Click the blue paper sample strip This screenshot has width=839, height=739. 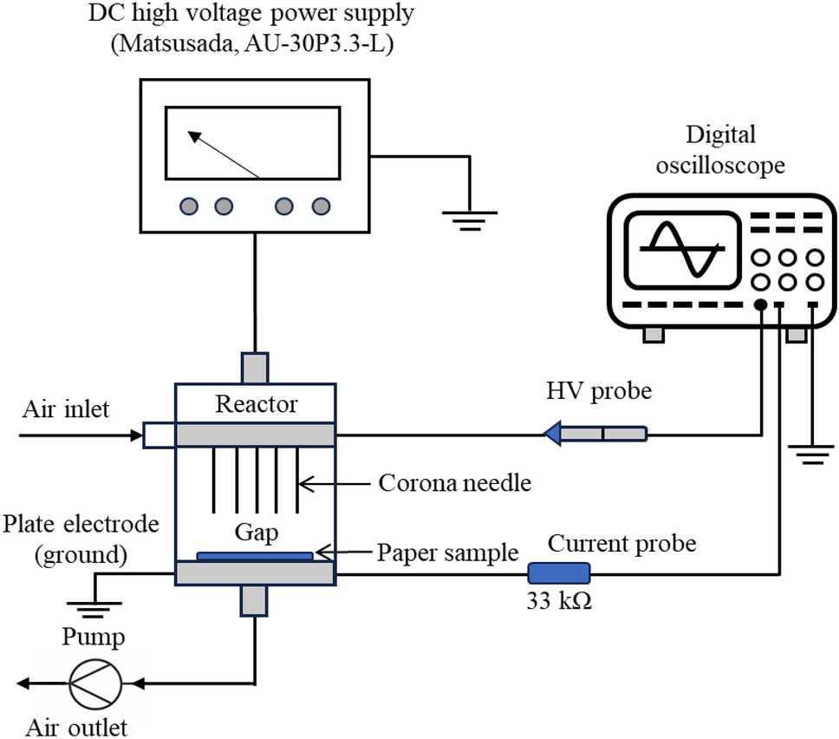pos(256,555)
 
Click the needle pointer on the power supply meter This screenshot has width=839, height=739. pos(224,155)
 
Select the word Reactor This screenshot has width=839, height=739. pos(256,404)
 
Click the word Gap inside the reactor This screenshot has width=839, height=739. pos(256,532)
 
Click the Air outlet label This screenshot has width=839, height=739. pos(76,725)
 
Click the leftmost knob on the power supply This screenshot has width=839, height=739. pos(190,206)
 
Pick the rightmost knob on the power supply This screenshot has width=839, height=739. pos(322,206)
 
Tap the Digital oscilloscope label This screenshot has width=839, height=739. pos(720,149)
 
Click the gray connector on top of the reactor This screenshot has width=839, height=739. pos(256,367)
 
